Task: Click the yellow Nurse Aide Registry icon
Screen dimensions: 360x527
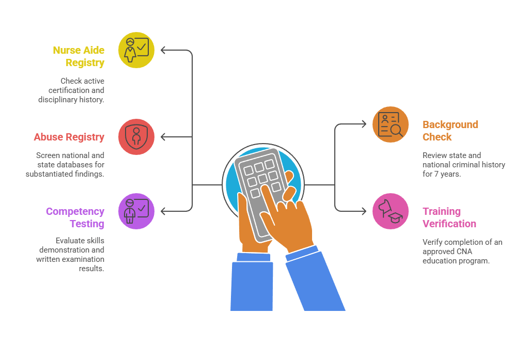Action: [x=136, y=50]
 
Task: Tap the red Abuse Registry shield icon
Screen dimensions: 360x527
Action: [x=136, y=137]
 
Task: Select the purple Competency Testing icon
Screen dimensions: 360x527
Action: [x=136, y=211]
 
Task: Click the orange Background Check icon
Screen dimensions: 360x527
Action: [x=391, y=124]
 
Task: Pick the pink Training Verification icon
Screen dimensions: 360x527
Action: [x=391, y=211]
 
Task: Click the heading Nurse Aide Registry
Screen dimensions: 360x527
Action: [x=79, y=56]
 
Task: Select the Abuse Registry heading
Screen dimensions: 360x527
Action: [x=69, y=137]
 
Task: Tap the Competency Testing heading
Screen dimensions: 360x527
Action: [x=75, y=217]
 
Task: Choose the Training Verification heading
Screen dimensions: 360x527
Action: [x=450, y=217]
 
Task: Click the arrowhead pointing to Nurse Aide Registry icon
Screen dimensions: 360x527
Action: [x=163, y=50]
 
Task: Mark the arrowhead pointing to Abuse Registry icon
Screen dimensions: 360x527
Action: [x=163, y=137]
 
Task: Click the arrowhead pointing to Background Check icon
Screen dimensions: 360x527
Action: [x=364, y=124]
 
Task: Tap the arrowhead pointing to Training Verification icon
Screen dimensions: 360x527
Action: [x=364, y=211]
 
